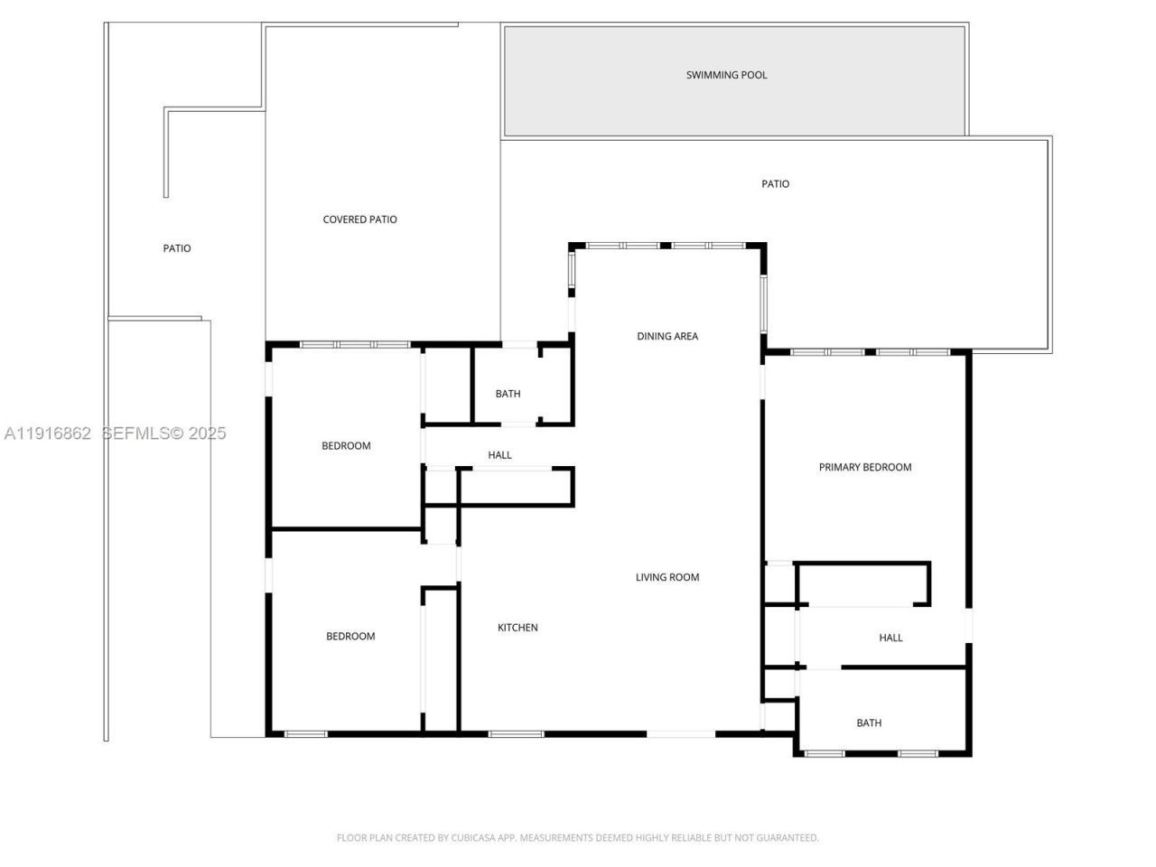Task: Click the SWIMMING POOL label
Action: [x=726, y=75]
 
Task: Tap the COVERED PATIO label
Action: [x=359, y=219]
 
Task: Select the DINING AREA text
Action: [x=667, y=336]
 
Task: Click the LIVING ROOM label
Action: [x=667, y=577]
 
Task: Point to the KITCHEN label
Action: [x=517, y=628]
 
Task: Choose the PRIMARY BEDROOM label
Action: [x=864, y=467]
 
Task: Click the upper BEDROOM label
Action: [x=346, y=445]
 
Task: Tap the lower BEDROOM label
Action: [x=350, y=636]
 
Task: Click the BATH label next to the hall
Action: [x=508, y=394]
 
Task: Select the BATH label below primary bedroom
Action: [x=869, y=722]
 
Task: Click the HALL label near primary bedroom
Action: [x=890, y=638]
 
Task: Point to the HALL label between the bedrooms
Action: [x=499, y=455]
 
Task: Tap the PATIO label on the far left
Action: [x=177, y=248]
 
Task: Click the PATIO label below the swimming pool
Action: [x=775, y=184]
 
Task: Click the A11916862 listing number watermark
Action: [x=48, y=433]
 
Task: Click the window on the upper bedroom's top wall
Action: [x=355, y=344]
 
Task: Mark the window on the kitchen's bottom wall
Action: [x=516, y=734]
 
